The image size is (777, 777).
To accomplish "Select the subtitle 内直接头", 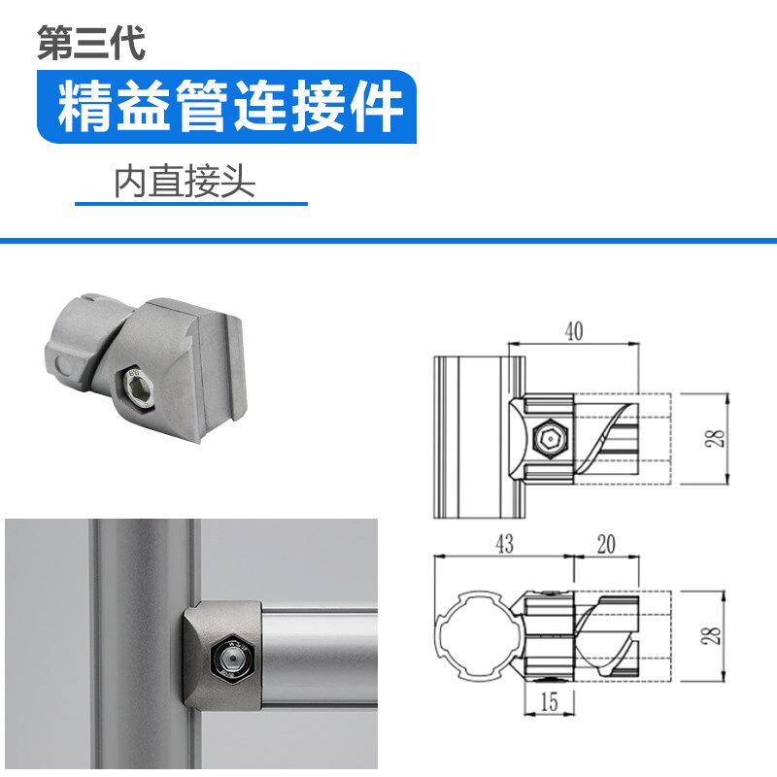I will (x=185, y=182).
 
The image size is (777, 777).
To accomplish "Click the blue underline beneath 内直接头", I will (x=191, y=204).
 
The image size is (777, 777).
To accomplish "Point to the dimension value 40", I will (x=573, y=331).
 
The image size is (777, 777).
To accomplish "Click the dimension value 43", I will (x=503, y=545).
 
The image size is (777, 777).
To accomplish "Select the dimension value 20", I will (x=606, y=545).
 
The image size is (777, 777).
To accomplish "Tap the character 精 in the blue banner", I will (x=83, y=107).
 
